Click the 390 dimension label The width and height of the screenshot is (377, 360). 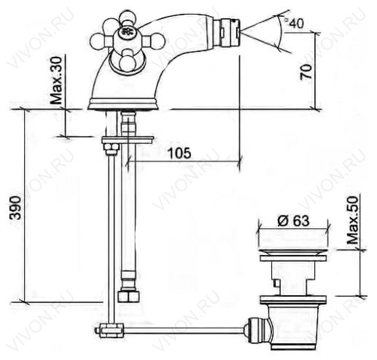tap(16, 208)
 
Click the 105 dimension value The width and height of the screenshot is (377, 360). tap(179, 153)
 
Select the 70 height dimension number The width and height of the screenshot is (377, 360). tap(306, 71)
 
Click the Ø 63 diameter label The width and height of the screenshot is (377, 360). tap(293, 221)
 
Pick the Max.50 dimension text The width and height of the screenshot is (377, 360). tap(352, 220)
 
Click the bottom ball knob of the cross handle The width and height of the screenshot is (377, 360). tap(126, 60)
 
